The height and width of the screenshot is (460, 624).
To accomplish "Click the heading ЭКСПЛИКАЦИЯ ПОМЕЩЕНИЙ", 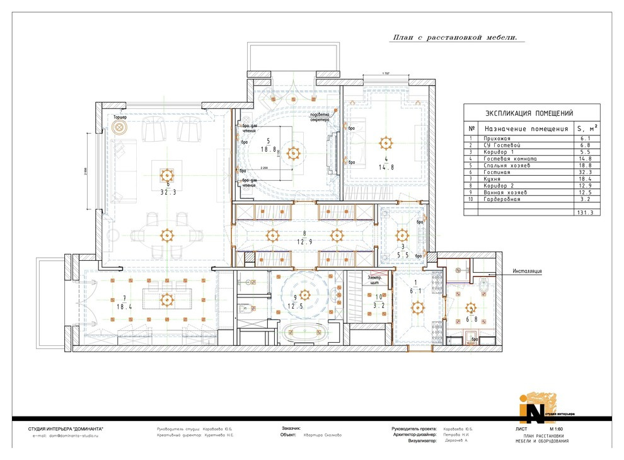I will [529, 113].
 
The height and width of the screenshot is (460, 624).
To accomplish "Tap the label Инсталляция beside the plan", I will [527, 272].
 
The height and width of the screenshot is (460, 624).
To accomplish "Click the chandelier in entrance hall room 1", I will [417, 308].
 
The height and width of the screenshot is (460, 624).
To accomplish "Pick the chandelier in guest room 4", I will [382, 140].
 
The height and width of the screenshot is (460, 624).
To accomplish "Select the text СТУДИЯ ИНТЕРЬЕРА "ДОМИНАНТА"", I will [66, 428].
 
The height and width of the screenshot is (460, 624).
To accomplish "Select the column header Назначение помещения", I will [526, 129].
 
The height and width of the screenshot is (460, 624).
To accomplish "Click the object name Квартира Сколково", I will [323, 435].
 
